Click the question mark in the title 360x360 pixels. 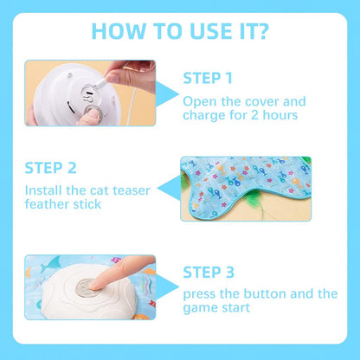pos(260,31)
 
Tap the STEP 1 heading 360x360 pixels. pos(208,78)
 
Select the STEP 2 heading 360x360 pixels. pos(50,168)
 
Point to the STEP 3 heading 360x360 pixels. pos(209,273)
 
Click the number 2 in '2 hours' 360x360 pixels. pos(254,115)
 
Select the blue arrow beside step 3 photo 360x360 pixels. pos(167,287)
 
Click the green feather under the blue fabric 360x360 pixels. pos(254,203)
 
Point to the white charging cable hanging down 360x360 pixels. pos(132,106)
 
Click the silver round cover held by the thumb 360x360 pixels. pos(93,112)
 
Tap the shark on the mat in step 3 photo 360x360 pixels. pos(50,264)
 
